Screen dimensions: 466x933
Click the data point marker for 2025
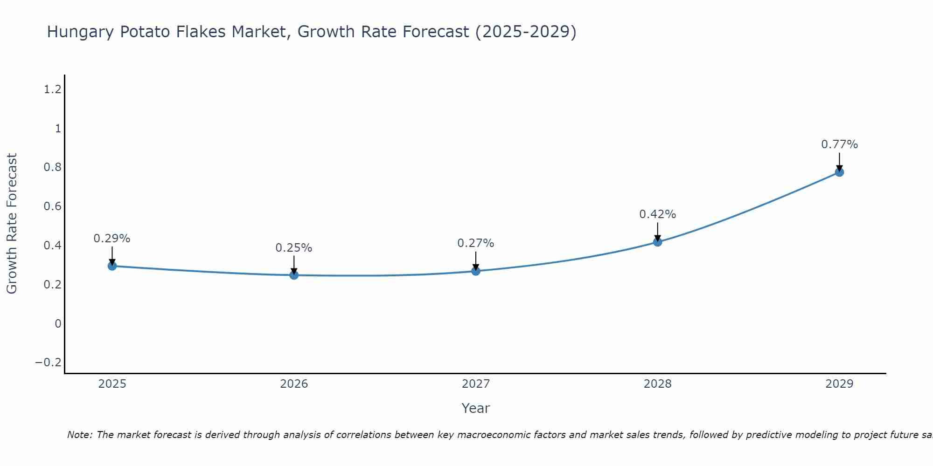112,266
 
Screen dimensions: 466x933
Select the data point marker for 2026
294,275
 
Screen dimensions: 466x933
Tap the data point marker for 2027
476,271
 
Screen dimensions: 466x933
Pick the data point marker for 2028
657,242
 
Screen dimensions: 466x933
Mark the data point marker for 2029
839,172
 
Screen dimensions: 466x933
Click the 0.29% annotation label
112,239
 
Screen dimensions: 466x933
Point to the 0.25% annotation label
294,248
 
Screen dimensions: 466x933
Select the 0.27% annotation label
476,243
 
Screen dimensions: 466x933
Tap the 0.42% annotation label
657,214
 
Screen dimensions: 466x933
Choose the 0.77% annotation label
839,144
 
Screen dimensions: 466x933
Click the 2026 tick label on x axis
294,384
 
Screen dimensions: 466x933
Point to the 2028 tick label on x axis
657,384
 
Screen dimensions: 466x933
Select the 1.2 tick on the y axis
53,89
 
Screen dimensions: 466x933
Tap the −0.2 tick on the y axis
49,363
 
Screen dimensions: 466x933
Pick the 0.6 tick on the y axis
53,206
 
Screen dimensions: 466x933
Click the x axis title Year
475,409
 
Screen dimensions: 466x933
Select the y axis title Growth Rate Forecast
12,224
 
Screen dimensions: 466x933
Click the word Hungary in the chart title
80,32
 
